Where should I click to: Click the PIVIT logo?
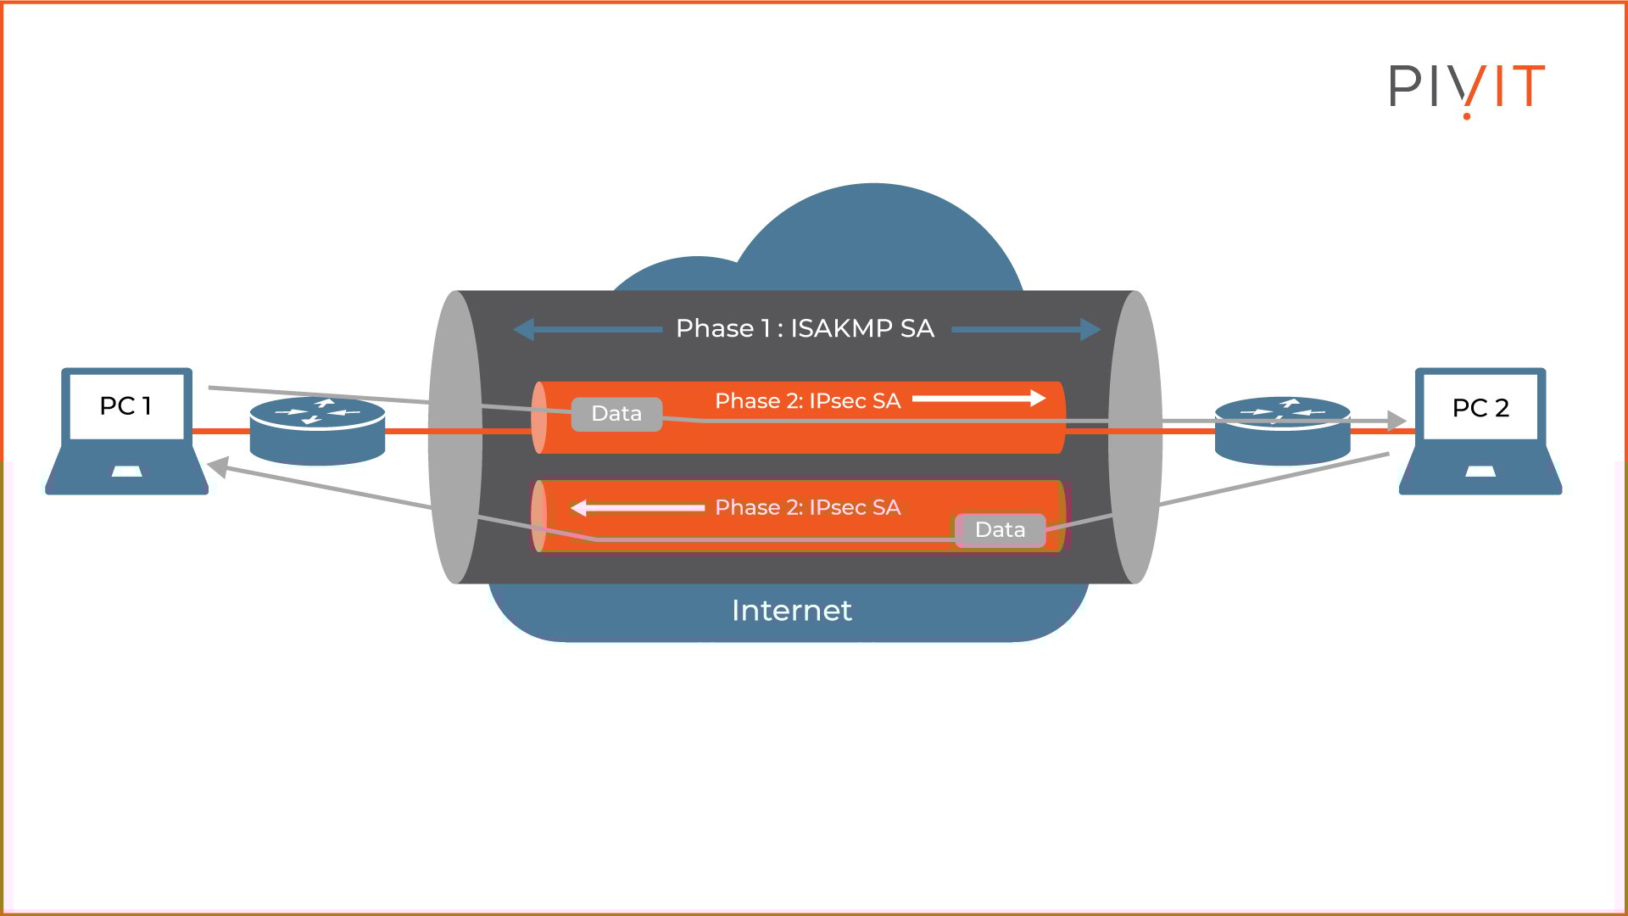1466,87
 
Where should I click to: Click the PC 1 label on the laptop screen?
125,406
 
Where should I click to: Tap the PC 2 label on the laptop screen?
1480,408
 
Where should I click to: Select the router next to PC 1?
318,431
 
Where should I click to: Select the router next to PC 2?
1282,431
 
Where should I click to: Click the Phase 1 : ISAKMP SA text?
805,328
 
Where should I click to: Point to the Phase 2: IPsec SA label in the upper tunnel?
807,401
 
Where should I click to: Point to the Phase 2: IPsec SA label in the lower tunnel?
807,507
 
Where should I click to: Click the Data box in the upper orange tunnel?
616,414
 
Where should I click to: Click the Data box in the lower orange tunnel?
1001,530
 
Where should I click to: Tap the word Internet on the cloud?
791,611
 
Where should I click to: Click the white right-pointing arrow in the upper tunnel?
978,399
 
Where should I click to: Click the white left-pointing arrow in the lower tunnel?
636,508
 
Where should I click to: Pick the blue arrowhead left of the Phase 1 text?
524,329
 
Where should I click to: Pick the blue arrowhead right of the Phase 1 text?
1090,329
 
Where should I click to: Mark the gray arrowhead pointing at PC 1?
217,467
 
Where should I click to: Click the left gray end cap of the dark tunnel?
454,437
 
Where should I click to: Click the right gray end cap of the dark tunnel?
1135,437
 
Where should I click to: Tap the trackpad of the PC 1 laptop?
126,472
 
